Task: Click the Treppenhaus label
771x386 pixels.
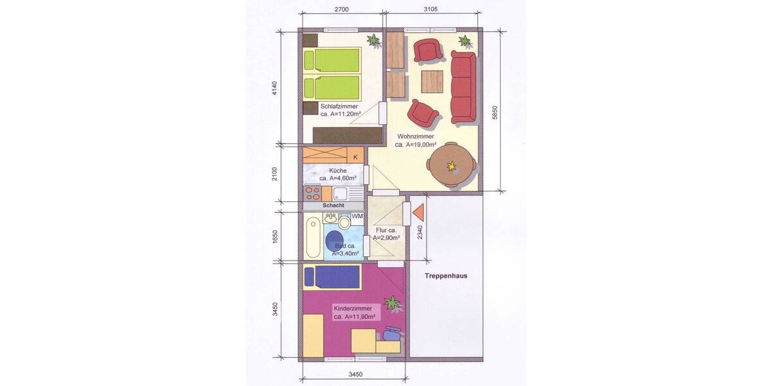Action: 445,276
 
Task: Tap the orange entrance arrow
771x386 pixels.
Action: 420,213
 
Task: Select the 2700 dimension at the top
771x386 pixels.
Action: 342,9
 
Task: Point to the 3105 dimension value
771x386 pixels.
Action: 431,9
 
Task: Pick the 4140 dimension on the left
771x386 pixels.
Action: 274,89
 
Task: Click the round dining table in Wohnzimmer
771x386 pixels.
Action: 453,165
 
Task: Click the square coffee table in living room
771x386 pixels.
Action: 432,81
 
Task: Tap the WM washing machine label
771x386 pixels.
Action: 357,216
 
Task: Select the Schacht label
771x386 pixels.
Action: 333,205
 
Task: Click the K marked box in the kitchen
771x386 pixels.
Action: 355,156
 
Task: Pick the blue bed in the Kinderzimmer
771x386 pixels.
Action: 332,277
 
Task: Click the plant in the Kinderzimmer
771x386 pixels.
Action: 391,302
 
